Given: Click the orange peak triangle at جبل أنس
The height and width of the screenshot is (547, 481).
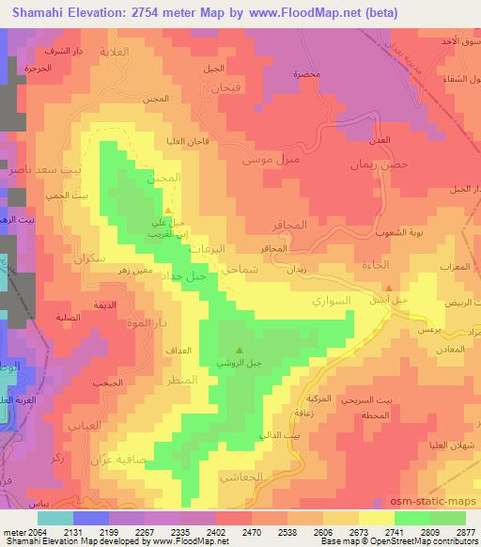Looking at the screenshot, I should click(x=390, y=289).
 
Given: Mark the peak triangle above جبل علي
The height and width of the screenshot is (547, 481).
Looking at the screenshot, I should click(x=167, y=211).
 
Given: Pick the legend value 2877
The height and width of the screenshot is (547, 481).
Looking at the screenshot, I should click(x=466, y=531).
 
